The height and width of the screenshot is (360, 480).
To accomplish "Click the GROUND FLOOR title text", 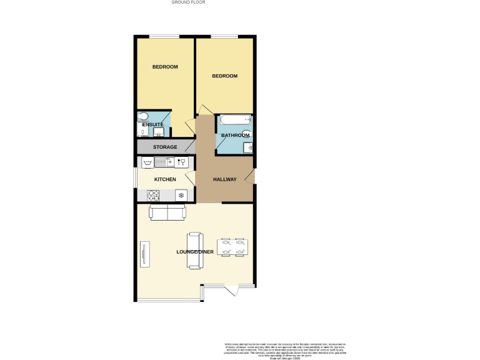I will [188, 2].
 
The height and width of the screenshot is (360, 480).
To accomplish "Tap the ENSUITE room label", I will [152, 125].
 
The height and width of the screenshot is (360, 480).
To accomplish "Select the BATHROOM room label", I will [235, 136].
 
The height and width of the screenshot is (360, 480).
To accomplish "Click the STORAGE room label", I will [165, 147].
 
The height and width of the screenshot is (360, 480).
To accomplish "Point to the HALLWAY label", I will [225, 180].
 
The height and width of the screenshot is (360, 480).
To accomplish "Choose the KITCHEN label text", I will [165, 180].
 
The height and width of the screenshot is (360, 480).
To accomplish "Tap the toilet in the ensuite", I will [142, 116].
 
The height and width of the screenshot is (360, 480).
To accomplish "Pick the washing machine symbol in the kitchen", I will [148, 162].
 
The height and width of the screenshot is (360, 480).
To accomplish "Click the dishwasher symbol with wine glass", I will [182, 162].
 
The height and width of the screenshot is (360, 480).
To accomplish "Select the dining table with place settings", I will [232, 247].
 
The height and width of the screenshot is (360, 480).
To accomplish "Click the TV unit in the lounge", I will [144, 254].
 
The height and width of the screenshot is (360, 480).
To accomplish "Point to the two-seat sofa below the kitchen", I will [167, 213].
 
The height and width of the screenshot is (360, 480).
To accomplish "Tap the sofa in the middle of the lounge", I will [195, 250].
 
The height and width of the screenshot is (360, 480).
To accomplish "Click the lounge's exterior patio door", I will [231, 290].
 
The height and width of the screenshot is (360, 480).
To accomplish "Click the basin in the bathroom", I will [248, 147].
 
